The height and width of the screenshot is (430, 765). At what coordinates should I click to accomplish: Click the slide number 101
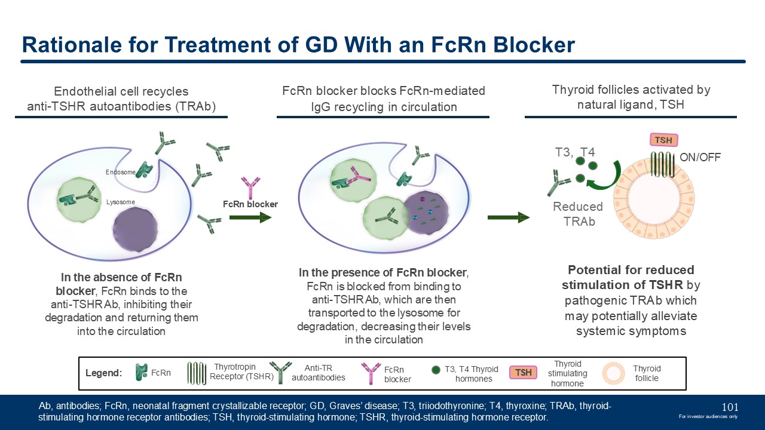click(x=730, y=407)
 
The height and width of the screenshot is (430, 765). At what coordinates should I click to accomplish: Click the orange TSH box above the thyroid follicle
click(x=663, y=140)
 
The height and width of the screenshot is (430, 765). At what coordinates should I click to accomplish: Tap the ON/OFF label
click(x=700, y=158)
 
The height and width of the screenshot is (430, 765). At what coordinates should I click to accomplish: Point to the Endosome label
click(x=121, y=172)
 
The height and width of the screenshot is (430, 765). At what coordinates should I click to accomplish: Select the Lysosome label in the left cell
click(x=121, y=202)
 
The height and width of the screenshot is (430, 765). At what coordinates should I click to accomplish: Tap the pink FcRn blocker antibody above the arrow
click(x=250, y=187)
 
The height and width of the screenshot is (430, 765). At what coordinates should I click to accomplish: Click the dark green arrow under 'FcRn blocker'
click(x=250, y=217)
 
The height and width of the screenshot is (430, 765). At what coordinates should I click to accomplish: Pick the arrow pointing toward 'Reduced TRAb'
click(x=509, y=217)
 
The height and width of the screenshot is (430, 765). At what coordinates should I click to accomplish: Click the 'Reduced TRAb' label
click(x=578, y=214)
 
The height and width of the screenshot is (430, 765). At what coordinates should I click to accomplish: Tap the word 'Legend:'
click(x=104, y=373)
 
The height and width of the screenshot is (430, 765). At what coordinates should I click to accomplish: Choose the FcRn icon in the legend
click(x=141, y=373)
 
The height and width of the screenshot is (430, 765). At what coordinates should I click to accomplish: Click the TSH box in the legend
click(x=524, y=373)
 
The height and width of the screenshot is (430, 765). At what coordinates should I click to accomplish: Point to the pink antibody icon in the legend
click(x=371, y=373)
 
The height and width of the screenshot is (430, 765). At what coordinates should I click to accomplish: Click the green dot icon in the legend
click(x=436, y=369)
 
